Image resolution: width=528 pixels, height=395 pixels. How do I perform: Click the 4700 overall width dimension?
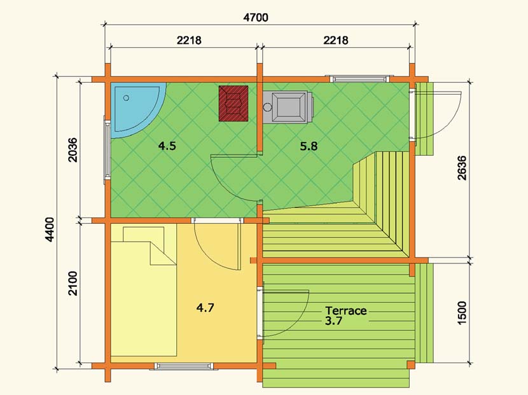click(256, 18)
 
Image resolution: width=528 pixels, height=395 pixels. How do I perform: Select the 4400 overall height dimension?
click(50, 230)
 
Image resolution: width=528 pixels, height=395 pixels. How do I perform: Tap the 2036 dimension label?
click(73, 150)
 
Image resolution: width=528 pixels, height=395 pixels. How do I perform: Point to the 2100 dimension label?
click(73, 283)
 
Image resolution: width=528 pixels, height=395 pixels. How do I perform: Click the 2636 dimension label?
click(462, 168)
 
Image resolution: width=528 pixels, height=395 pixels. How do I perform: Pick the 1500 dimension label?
click(462, 313)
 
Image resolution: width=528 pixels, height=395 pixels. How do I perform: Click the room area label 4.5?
click(167, 146)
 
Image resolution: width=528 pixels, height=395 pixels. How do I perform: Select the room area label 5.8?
click(309, 146)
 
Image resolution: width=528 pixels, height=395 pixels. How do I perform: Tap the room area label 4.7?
click(205, 308)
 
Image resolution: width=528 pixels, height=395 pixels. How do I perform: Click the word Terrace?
click(346, 310)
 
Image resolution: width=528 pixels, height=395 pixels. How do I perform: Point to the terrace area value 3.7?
click(334, 321)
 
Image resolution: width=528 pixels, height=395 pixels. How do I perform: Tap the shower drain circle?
click(127, 98)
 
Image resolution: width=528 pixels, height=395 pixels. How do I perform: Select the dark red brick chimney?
click(233, 104)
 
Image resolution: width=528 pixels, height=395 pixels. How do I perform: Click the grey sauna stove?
click(289, 106)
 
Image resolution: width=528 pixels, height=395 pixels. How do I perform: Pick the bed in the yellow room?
click(144, 291)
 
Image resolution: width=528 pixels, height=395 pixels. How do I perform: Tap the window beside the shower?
click(108, 150)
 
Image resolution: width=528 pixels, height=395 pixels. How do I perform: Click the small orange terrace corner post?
click(411, 365)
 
